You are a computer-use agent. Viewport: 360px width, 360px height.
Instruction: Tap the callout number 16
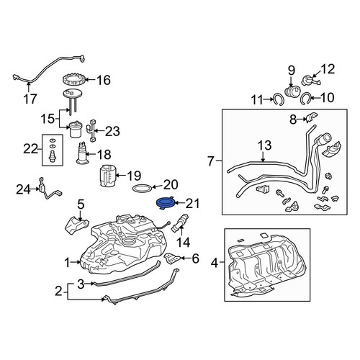point(104,80)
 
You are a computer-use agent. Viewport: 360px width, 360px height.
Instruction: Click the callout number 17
point(30,99)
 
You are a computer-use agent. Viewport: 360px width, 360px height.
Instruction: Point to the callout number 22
point(30,149)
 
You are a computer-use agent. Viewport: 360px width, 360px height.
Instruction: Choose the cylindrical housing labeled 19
point(107,175)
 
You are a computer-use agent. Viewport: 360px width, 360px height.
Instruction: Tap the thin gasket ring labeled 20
point(143,188)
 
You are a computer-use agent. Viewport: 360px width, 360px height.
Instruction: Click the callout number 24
point(24,190)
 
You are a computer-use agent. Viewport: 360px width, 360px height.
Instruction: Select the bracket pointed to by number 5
point(76,225)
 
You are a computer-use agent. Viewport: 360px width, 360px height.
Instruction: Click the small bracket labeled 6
point(172,258)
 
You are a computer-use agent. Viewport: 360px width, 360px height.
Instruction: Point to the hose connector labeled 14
point(180,222)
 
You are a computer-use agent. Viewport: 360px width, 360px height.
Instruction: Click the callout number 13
point(265,145)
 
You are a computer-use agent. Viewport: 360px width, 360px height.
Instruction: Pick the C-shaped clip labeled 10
point(306,99)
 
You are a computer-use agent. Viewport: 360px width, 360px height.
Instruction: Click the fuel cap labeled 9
point(292,92)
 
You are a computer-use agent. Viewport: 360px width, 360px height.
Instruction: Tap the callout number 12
point(328,69)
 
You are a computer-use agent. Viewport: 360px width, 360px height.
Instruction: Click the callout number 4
point(215,264)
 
